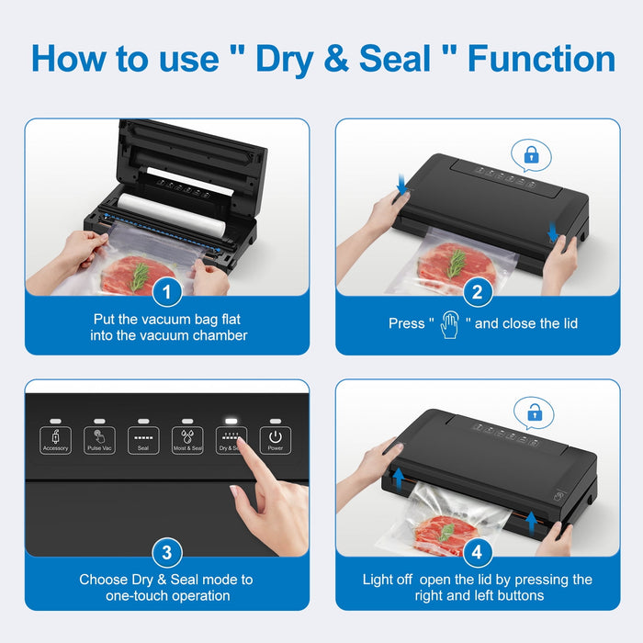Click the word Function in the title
point(541,59)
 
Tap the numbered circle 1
point(166,293)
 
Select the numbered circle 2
point(476,293)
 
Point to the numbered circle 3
point(166,553)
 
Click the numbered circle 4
point(476,553)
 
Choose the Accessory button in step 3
point(56,440)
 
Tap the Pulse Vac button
point(99,440)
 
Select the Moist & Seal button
point(187,440)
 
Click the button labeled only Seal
point(143,440)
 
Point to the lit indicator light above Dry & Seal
point(231,419)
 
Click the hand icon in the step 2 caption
point(449,324)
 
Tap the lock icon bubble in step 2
point(531,157)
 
